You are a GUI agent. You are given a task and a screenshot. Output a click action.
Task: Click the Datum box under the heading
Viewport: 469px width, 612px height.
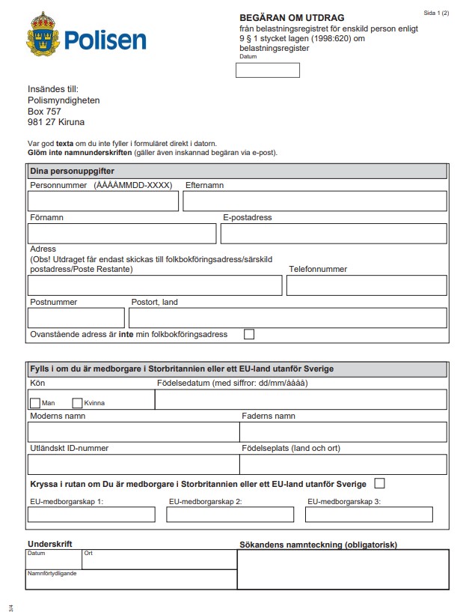point(267,70)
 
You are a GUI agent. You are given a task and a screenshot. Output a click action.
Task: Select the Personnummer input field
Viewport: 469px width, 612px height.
point(103,201)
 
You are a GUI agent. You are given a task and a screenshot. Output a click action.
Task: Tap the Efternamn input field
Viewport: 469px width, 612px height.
point(314,201)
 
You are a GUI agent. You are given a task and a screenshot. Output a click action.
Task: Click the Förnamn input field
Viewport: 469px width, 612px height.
point(122,234)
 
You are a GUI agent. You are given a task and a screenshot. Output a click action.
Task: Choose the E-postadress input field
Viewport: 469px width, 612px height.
point(334,234)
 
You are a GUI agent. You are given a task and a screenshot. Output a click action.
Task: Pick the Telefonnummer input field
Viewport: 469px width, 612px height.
point(367,285)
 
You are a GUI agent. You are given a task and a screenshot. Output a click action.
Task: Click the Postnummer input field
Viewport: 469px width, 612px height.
point(76,318)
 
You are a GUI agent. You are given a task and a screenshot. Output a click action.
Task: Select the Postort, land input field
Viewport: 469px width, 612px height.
point(288,318)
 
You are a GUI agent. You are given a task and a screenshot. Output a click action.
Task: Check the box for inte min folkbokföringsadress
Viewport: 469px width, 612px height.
point(249,334)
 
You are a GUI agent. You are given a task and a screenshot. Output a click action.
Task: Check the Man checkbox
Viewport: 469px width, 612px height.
point(34,403)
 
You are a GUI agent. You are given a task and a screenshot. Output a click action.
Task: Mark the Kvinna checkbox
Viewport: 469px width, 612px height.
point(77,403)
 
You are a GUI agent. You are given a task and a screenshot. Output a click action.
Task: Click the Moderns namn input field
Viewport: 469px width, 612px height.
point(133,432)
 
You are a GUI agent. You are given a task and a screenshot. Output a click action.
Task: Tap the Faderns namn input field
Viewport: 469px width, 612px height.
point(343,432)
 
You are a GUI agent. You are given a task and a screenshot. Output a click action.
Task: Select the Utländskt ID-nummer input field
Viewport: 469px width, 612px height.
point(133,464)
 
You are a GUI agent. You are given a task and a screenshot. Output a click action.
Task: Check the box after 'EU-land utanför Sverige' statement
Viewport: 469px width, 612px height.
point(379,483)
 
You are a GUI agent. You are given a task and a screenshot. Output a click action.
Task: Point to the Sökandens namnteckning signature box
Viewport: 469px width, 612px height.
point(343,569)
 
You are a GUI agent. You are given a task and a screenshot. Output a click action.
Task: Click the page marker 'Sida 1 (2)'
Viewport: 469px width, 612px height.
point(436,13)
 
